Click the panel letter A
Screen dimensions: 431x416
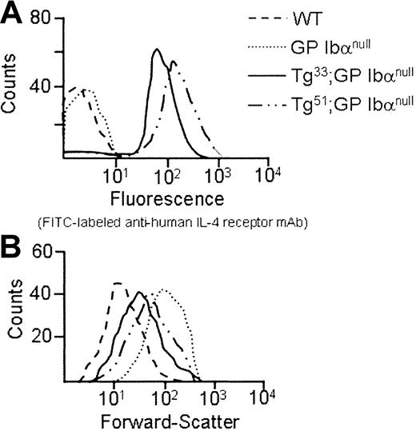click(x=12, y=14)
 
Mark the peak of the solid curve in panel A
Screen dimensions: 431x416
click(x=157, y=50)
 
